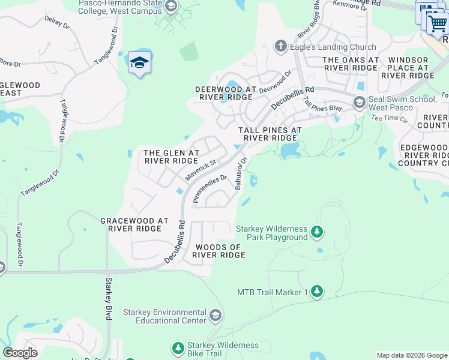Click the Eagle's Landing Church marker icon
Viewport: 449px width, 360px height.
280,46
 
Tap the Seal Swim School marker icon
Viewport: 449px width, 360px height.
359,103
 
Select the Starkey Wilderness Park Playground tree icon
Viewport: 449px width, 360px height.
316,232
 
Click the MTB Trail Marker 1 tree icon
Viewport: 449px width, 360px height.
316,292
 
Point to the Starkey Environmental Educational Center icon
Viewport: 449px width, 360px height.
215,315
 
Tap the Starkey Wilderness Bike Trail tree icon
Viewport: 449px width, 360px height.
178,347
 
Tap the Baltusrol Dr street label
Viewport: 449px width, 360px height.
242,173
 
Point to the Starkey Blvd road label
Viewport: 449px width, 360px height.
109,298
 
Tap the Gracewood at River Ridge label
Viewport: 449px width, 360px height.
134,225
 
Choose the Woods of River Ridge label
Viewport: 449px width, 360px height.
218,251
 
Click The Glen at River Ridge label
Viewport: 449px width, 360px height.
171,157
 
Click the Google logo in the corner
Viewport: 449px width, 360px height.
20,353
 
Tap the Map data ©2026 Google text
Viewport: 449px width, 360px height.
411,355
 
